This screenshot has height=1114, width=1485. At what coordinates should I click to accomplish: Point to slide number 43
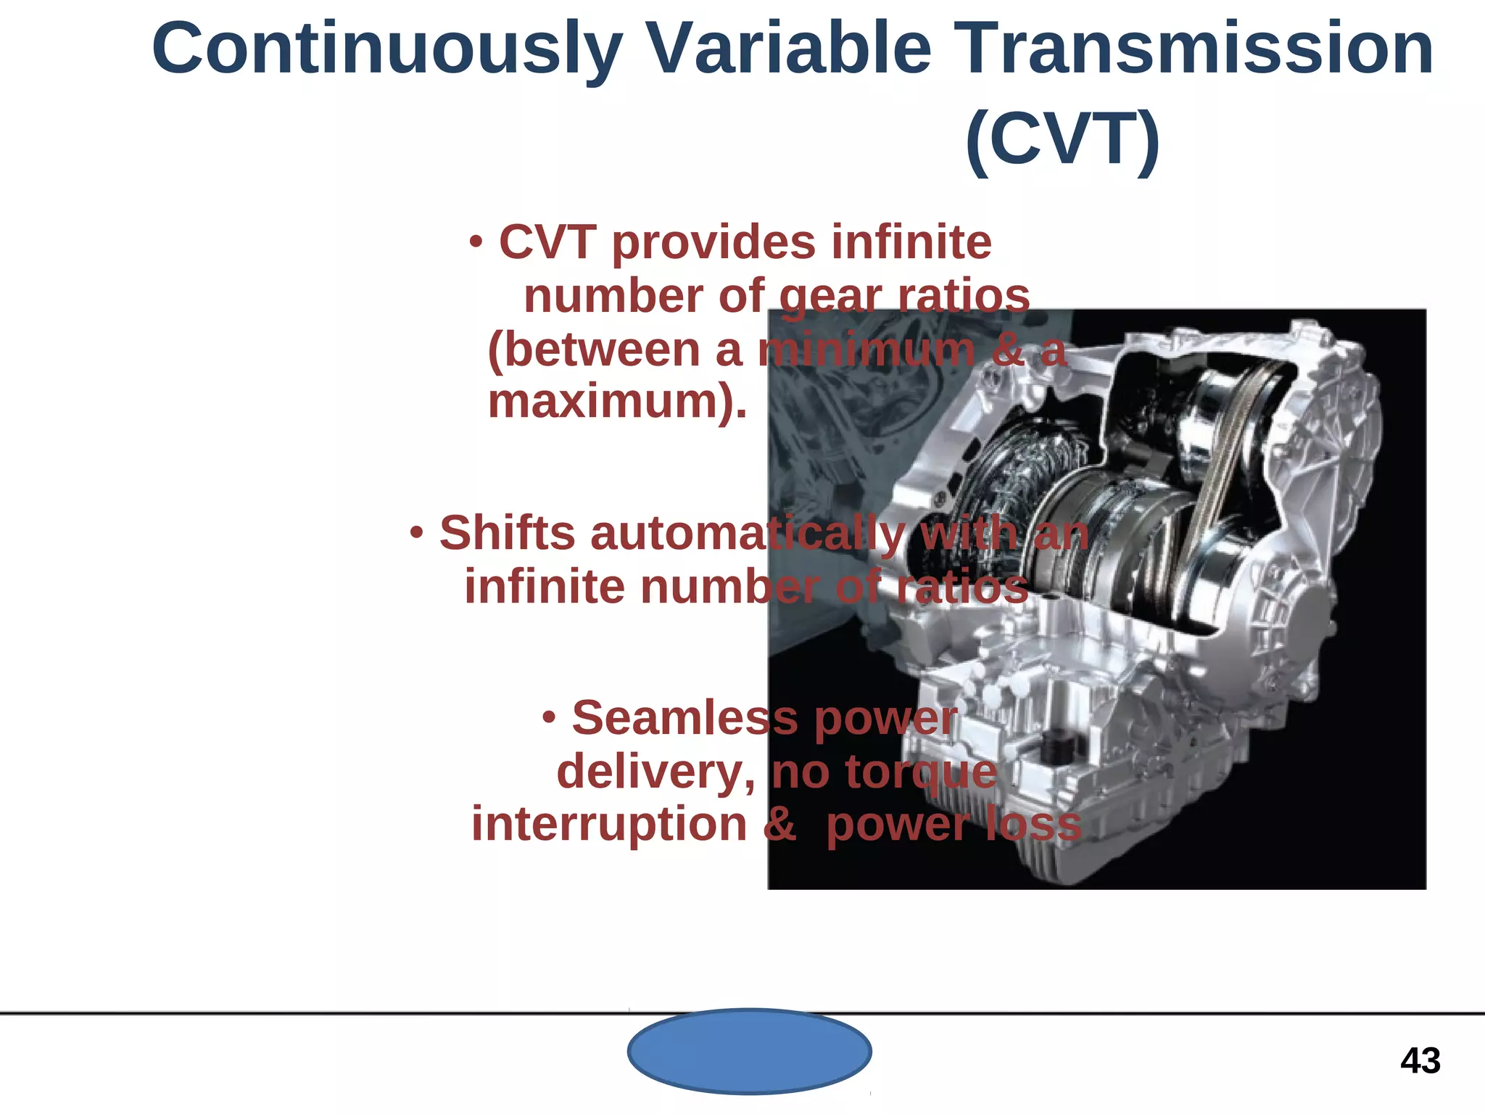(x=1420, y=1061)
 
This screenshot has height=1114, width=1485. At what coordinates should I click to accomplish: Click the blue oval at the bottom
(x=749, y=1051)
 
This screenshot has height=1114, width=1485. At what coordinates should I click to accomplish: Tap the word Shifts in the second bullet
(x=507, y=533)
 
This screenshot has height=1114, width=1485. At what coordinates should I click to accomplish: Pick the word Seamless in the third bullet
(x=684, y=718)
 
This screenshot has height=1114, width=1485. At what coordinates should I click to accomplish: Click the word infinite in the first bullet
(x=911, y=242)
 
